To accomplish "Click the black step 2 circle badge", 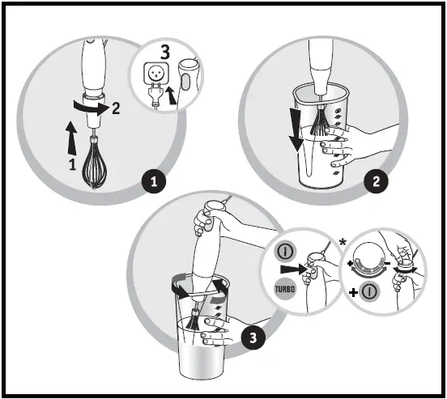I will tap(373, 182).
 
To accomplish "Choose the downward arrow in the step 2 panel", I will tap(296, 130).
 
